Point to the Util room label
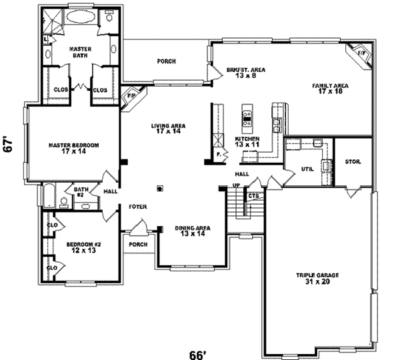click(x=307, y=169)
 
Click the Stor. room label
click(x=353, y=162)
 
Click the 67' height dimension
click(x=9, y=145)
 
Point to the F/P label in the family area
click(x=362, y=53)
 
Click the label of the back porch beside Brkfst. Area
click(x=167, y=61)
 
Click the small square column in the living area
click(x=159, y=188)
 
